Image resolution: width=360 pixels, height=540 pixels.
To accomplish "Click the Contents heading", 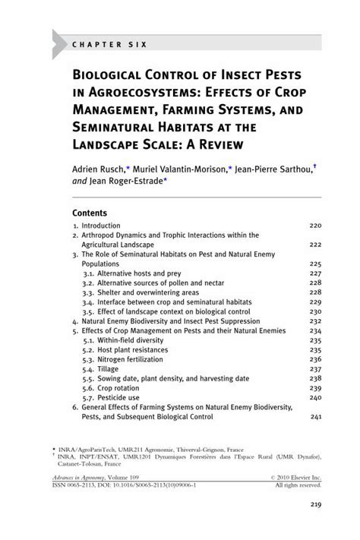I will click(89, 213).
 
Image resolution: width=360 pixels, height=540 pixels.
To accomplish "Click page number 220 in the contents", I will click(316, 226).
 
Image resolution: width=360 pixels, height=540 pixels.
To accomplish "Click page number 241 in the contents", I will click(316, 416).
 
